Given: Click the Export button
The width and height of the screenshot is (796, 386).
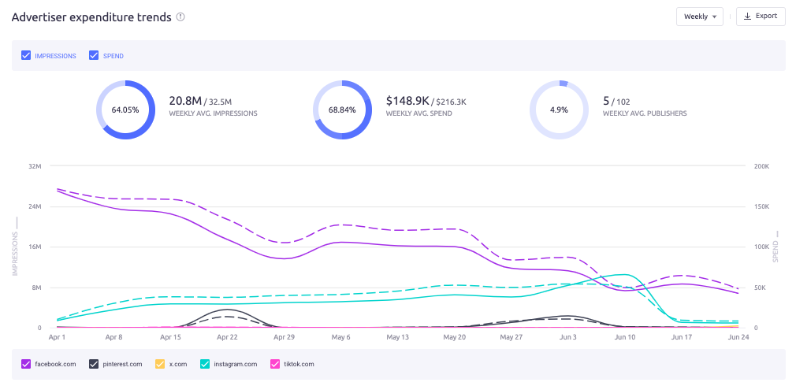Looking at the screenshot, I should (x=761, y=17).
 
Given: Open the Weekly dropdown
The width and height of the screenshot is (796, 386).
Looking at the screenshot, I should (x=699, y=17).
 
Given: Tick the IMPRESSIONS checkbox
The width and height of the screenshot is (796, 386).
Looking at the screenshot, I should (x=26, y=56).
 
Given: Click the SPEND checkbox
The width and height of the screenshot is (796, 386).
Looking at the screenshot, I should (x=94, y=56).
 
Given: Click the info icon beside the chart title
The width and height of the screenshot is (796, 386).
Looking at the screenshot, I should (x=180, y=17).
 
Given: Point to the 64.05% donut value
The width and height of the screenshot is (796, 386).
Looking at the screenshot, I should (x=125, y=110).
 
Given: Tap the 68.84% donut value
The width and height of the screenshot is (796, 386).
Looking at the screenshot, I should (x=342, y=110).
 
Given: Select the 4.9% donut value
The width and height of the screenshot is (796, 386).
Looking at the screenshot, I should (x=559, y=110).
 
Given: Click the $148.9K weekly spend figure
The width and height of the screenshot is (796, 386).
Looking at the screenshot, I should (x=407, y=101).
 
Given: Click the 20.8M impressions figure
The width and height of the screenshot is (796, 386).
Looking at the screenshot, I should (x=185, y=101).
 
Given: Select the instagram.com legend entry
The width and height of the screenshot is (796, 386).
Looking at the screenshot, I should (x=229, y=364).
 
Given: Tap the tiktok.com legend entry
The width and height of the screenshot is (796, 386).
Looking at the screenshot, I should (x=292, y=364).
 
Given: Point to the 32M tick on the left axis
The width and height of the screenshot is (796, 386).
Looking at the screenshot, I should (x=35, y=166).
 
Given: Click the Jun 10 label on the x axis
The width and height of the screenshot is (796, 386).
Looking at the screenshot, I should (x=624, y=337).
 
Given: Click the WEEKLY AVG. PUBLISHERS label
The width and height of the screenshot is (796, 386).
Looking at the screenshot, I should (x=644, y=113).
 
